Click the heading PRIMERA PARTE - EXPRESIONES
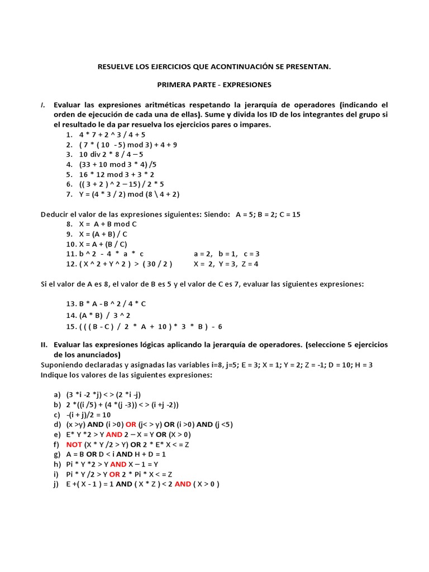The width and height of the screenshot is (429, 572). (x=214, y=85)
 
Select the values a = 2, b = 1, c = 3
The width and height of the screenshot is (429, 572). (x=226, y=254)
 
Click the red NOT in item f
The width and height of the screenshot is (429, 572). (x=74, y=445)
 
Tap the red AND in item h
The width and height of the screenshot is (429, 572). (x=118, y=464)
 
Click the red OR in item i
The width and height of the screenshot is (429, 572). (x=115, y=474)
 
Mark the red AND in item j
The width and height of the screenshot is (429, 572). (x=183, y=484)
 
